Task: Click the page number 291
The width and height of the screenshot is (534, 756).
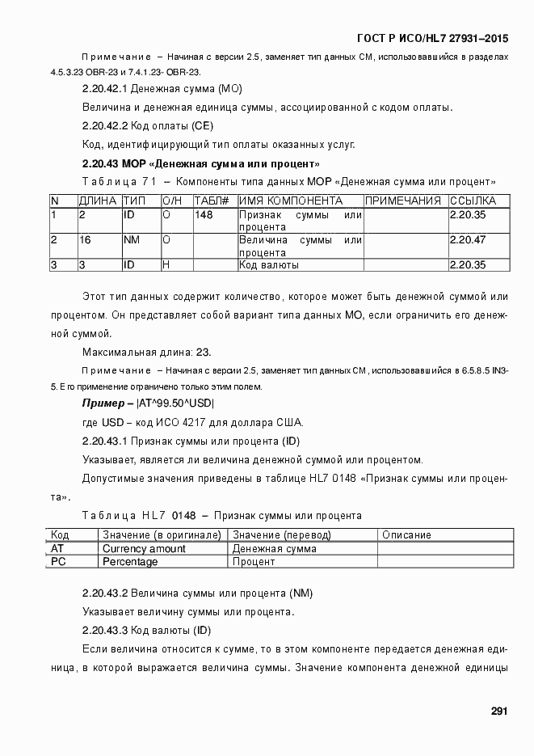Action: point(498,712)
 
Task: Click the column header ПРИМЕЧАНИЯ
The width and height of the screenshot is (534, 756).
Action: point(402,201)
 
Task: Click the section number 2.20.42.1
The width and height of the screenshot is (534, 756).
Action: point(105,88)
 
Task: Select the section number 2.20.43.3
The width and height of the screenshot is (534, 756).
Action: point(105,629)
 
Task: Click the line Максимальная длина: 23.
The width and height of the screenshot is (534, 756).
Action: point(146,351)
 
